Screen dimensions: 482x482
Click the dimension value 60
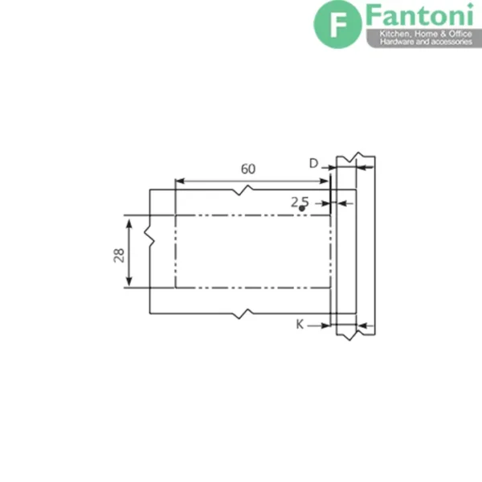pyautogui.click(x=247, y=169)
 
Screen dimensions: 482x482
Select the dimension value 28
pyautogui.click(x=119, y=255)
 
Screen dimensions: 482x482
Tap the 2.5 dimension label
pyautogui.click(x=300, y=202)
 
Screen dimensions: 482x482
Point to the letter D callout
pyautogui.click(x=313, y=164)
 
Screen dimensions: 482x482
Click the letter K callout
pyautogui.click(x=300, y=324)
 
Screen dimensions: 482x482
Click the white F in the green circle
pyautogui.click(x=337, y=24)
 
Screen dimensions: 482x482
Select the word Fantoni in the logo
pyautogui.click(x=419, y=14)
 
